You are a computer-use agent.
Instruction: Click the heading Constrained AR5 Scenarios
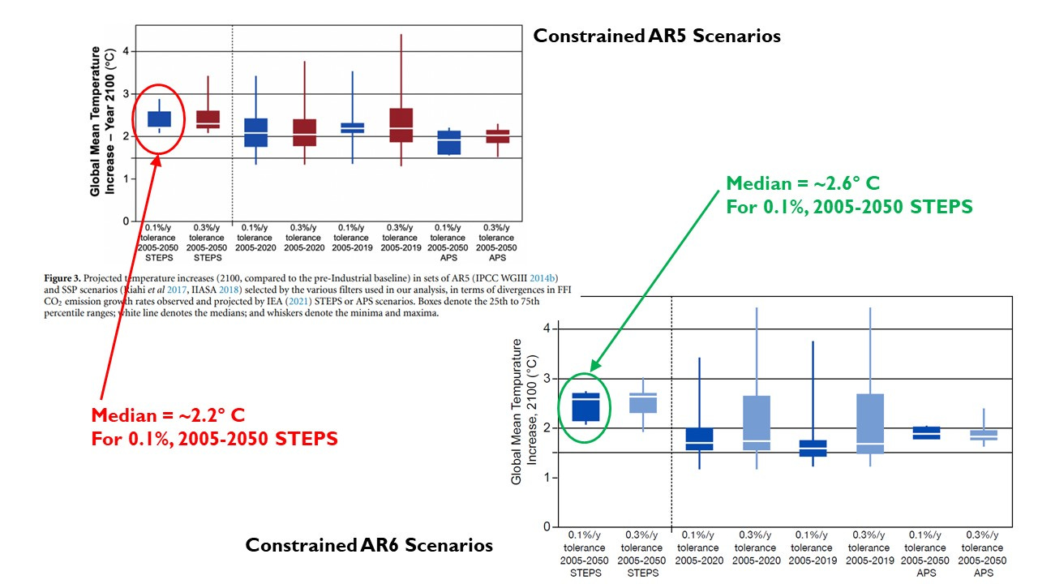click(x=656, y=36)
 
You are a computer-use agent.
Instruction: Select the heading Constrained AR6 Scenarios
click(x=369, y=545)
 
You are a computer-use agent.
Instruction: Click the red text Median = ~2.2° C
click(x=168, y=416)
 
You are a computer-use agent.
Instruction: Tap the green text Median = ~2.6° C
click(x=802, y=183)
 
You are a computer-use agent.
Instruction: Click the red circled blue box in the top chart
click(x=158, y=118)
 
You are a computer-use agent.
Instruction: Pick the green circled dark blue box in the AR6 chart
click(x=585, y=407)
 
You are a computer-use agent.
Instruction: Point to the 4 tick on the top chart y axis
click(x=126, y=51)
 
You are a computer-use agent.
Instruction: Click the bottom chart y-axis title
click(x=524, y=412)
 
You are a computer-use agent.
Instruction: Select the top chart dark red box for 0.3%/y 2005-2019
click(x=401, y=125)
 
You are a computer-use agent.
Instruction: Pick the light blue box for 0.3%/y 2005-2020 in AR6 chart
click(x=757, y=423)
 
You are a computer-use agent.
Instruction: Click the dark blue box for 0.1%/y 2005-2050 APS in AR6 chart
click(x=926, y=433)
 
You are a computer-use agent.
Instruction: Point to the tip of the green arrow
click(x=590, y=371)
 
